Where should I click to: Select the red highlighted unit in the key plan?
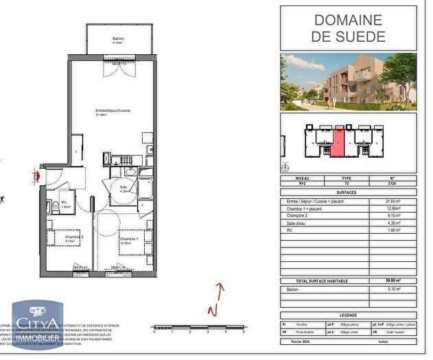336,141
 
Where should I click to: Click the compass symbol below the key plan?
285,165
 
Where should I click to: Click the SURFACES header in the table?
349,193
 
